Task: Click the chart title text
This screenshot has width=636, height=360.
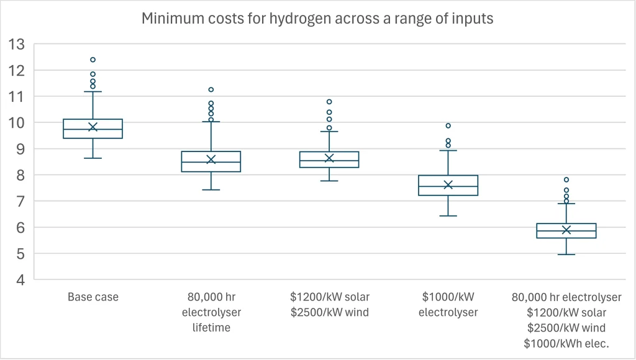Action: point(317,19)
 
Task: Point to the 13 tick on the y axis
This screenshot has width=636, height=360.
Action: point(17,44)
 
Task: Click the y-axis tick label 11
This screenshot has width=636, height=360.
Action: point(17,96)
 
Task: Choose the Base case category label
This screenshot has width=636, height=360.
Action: point(93,297)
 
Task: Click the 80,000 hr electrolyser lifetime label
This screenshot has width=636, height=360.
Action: point(211,312)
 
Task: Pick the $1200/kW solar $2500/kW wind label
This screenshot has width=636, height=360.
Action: point(329,305)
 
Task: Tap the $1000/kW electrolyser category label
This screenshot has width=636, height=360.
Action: point(448,305)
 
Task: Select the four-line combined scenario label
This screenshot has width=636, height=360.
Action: point(566,320)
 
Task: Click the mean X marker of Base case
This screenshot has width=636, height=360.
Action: point(93,127)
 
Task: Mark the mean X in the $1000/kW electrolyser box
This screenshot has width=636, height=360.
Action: point(448,184)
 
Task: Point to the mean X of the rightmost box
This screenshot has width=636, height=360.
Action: point(566,230)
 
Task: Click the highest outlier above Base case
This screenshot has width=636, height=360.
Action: point(93,60)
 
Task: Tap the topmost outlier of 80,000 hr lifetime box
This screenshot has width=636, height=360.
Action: point(211,90)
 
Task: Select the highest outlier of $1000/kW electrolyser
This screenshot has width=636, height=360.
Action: point(448,125)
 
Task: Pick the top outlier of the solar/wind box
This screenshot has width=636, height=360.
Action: point(329,102)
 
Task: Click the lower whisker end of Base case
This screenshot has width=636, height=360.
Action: point(93,158)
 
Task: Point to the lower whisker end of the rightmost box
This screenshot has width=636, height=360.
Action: point(566,254)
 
